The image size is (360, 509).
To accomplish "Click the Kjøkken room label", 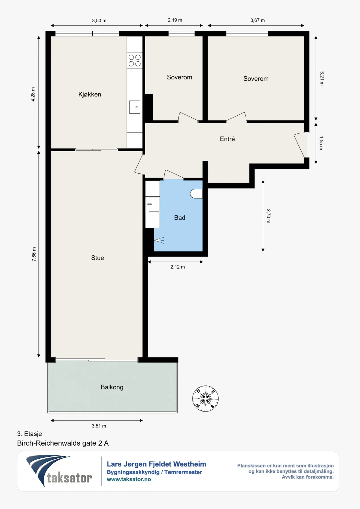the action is [90, 94].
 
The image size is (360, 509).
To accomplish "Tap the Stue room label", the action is [98, 258].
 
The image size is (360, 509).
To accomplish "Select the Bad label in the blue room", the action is [180, 218].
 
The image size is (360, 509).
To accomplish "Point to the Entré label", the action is [227, 139].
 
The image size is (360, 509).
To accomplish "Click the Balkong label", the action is [112, 387].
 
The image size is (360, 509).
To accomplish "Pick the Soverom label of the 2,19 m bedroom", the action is [180, 77].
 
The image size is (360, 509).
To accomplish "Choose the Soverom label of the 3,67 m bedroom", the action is [256, 79].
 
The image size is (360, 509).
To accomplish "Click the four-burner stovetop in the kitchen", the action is [135, 61].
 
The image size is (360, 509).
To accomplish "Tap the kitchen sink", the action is [135, 107].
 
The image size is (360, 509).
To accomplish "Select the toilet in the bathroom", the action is [196, 194].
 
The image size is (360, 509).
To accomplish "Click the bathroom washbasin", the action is [152, 204].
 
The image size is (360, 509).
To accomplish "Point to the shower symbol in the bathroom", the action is [159, 241].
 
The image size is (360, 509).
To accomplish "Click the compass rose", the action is [205, 398].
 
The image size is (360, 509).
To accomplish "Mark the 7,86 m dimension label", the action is [34, 254].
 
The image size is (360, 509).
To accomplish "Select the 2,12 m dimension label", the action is [178, 267].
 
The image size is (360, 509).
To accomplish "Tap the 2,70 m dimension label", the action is [268, 216].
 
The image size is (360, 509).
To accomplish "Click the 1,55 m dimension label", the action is [321, 143].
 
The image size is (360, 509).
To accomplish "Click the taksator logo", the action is [59, 471].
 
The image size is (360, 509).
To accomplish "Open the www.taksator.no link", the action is [129, 479].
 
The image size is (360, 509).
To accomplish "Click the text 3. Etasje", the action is [29, 434].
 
